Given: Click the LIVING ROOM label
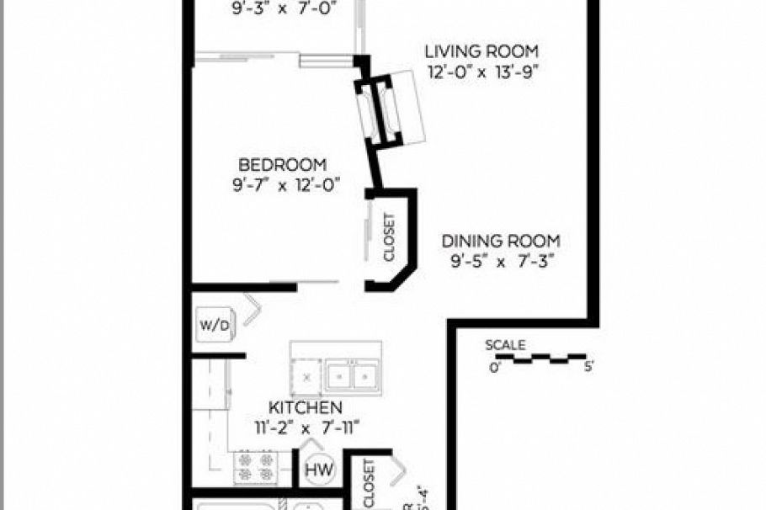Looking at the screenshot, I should point(481,52).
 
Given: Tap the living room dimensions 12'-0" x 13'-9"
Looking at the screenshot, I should point(481,72).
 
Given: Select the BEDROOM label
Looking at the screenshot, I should point(282,165).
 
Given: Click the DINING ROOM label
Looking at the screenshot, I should point(502,241).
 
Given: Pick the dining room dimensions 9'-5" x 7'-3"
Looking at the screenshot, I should point(501,261).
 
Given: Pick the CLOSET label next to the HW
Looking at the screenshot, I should point(368,484).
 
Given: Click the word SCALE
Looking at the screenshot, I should point(505,345).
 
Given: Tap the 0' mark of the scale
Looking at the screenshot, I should point(495,367).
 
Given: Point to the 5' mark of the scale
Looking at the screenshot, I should point(587,367).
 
